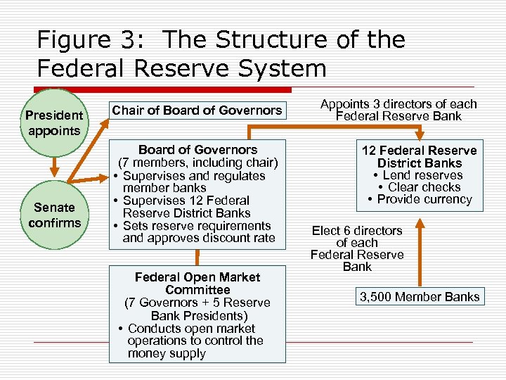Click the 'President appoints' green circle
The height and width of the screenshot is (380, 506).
pyautogui.click(x=53, y=123)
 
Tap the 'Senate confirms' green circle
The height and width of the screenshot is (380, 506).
pyautogui.click(x=53, y=215)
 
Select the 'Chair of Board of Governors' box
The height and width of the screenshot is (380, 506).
pyautogui.click(x=197, y=110)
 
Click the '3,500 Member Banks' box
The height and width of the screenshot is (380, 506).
pyautogui.click(x=420, y=296)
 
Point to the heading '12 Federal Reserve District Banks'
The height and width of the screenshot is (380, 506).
pyautogui.click(x=419, y=156)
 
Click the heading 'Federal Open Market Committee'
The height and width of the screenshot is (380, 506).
pyautogui.click(x=197, y=284)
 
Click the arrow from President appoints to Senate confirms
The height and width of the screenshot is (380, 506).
pyautogui.click(x=53, y=169)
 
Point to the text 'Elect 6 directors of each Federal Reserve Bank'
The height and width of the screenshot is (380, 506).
pyautogui.click(x=357, y=248)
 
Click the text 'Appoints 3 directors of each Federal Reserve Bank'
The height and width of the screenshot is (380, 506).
pyautogui.click(x=398, y=110)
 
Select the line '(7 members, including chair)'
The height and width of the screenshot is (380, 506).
pyautogui.click(x=197, y=163)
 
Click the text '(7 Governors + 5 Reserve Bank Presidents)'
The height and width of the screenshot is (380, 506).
pyautogui.click(x=197, y=309)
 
